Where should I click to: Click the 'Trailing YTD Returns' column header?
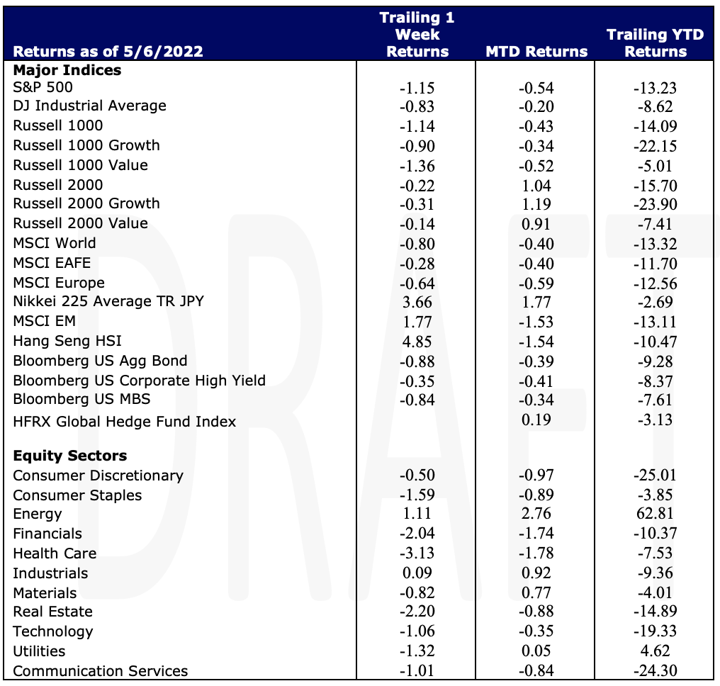click(x=656, y=43)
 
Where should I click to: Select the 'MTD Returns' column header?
click(x=536, y=52)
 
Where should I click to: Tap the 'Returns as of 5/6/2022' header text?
click(x=108, y=52)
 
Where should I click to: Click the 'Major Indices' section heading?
click(x=67, y=70)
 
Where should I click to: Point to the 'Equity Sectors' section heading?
click(x=69, y=456)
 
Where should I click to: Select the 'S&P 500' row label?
click(x=43, y=87)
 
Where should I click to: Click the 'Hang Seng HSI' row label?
click(x=67, y=341)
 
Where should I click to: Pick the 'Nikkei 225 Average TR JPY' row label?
click(x=108, y=301)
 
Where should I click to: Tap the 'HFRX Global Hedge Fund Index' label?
click(x=125, y=422)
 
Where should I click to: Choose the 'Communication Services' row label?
click(x=101, y=671)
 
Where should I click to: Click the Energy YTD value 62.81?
click(x=655, y=513)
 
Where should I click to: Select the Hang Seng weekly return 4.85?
click(x=417, y=342)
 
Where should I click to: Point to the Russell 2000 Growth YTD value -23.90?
click(x=656, y=204)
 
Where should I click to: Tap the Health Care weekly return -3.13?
click(x=417, y=553)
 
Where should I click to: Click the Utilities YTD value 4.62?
click(x=656, y=651)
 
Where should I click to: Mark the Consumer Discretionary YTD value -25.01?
click(x=656, y=475)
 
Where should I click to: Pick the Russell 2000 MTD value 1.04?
click(x=536, y=186)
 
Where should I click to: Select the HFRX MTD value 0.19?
click(x=536, y=420)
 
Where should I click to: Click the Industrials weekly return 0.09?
click(x=417, y=573)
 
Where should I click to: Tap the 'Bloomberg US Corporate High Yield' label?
click(x=139, y=381)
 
